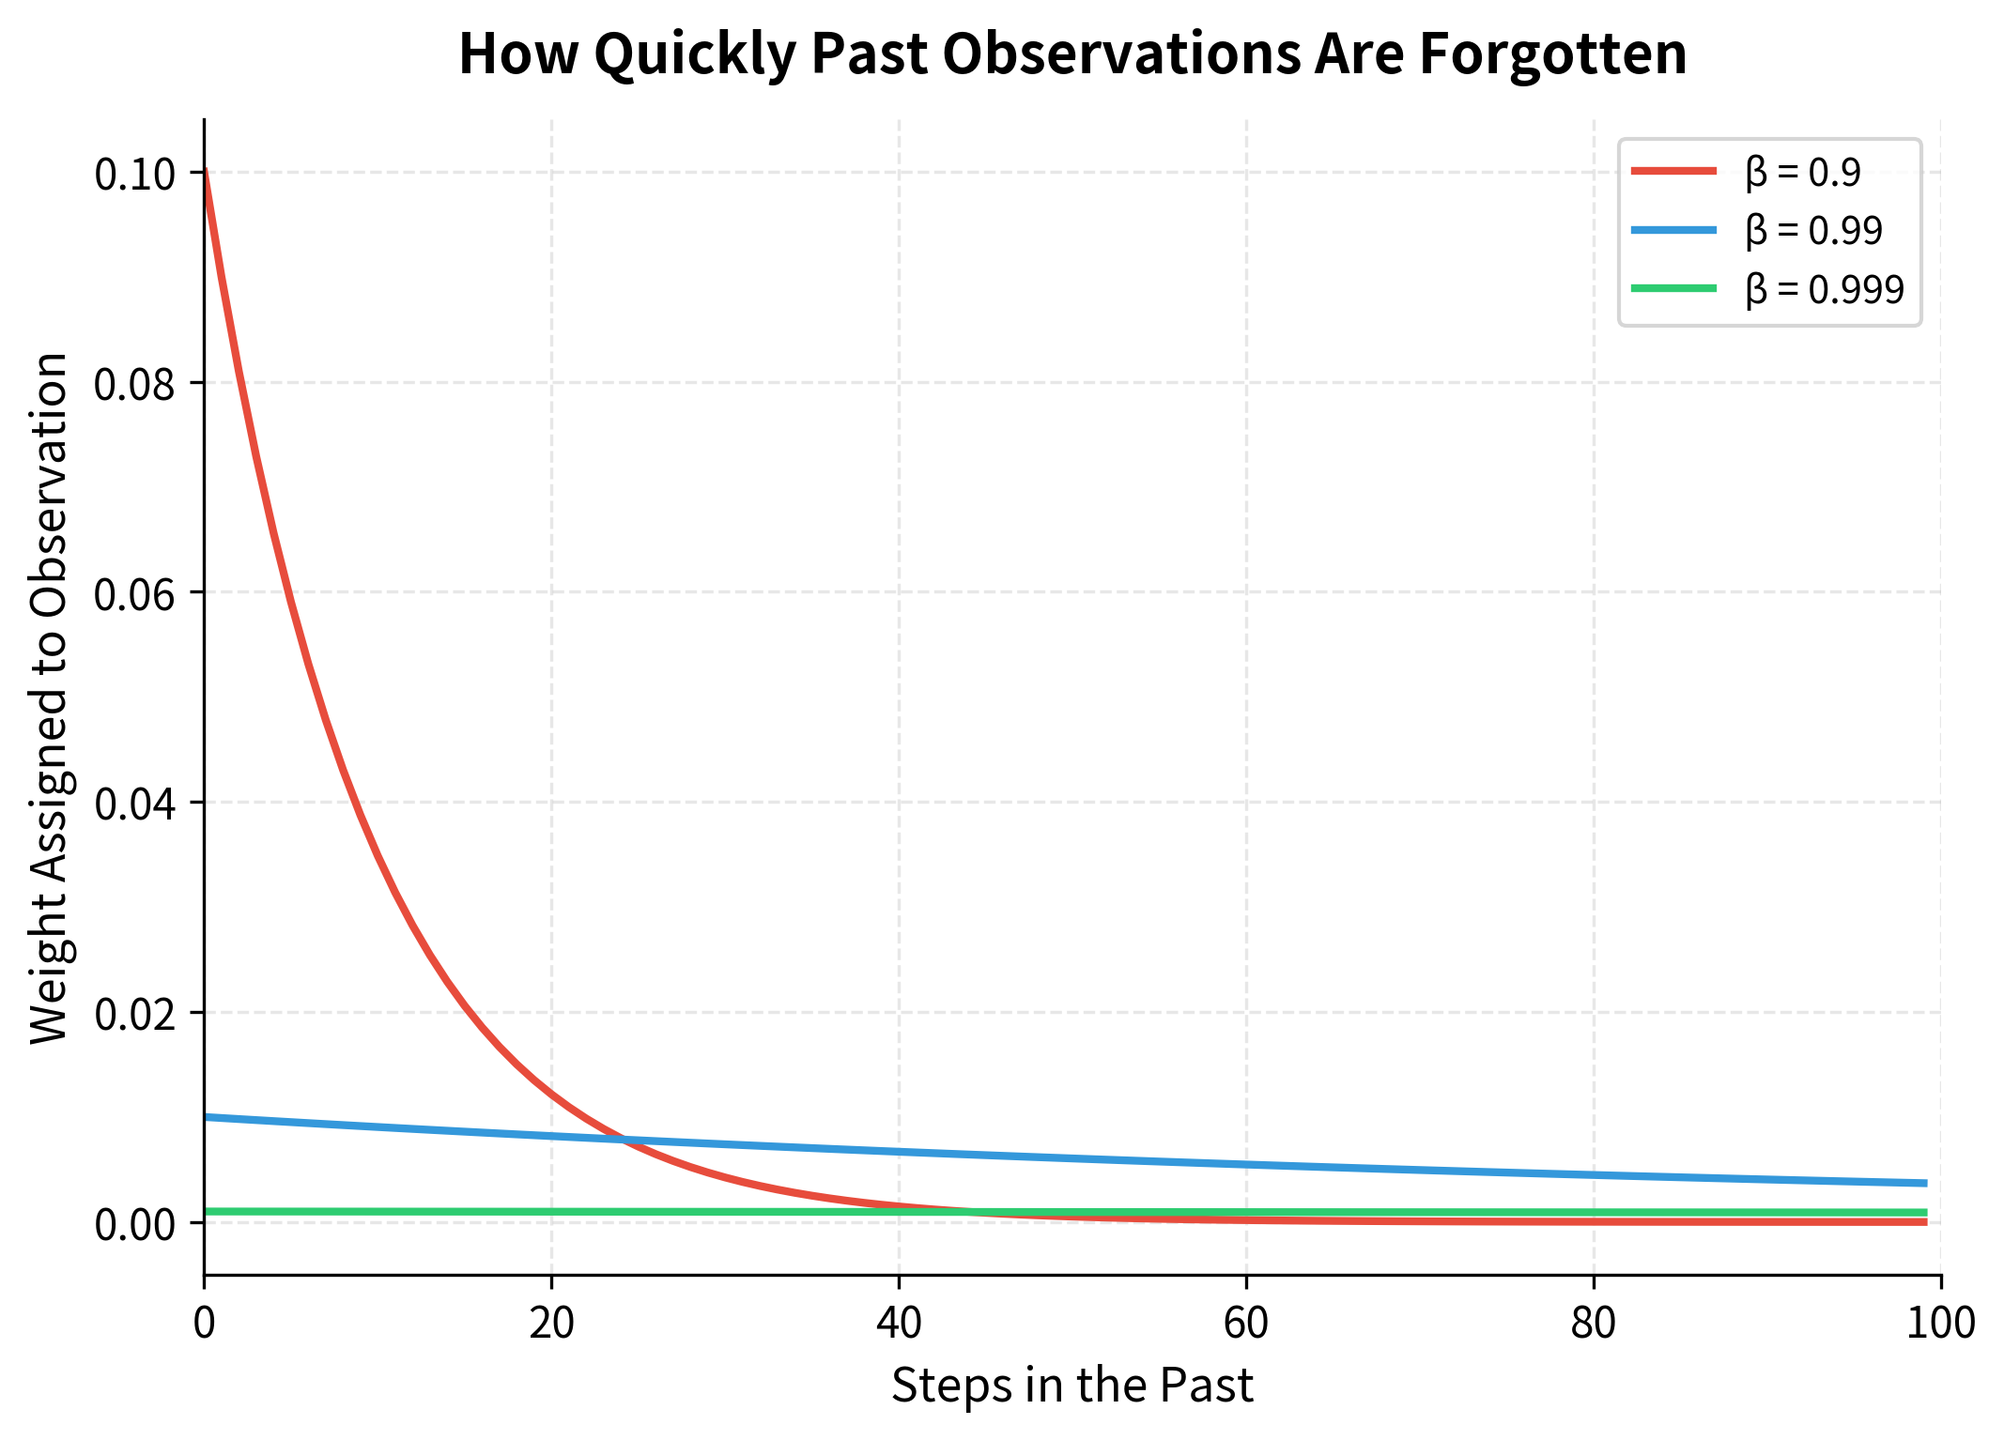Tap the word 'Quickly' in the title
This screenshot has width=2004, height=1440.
coord(694,54)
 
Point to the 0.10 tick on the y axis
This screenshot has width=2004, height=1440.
coord(135,175)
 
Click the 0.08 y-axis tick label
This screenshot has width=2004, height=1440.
coord(135,385)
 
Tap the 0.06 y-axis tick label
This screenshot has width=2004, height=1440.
coord(135,594)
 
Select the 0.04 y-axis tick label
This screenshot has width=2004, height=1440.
coord(135,804)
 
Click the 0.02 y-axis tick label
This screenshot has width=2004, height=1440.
coord(135,1015)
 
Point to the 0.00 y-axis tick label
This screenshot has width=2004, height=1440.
coord(135,1225)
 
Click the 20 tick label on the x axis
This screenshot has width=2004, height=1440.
coord(551,1323)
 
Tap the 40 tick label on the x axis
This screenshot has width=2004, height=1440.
coord(899,1323)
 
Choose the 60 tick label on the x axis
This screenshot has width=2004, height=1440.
coord(1246,1323)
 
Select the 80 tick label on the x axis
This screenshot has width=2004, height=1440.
coord(1594,1323)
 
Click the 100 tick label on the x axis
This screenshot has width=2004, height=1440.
coord(1941,1323)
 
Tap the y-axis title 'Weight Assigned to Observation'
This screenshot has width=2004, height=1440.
coord(49,697)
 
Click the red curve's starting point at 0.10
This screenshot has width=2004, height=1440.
coord(205,173)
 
